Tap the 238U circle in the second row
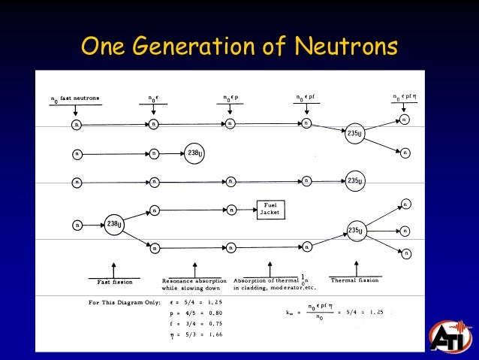pyautogui.click(x=194, y=153)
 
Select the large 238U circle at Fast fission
pyautogui.click(x=114, y=224)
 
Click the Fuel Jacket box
pyautogui.click(x=270, y=209)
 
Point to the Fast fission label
pyautogui.click(x=115, y=282)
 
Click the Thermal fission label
pyautogui.click(x=355, y=280)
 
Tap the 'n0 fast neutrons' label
pyautogui.click(x=74, y=99)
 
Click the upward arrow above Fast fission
pyautogui.click(x=113, y=268)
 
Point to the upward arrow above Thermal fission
pyautogui.click(x=356, y=267)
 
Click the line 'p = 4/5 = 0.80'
pyautogui.click(x=197, y=313)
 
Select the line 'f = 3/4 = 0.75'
pyautogui.click(x=197, y=323)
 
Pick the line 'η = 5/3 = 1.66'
pyautogui.click(x=197, y=334)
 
